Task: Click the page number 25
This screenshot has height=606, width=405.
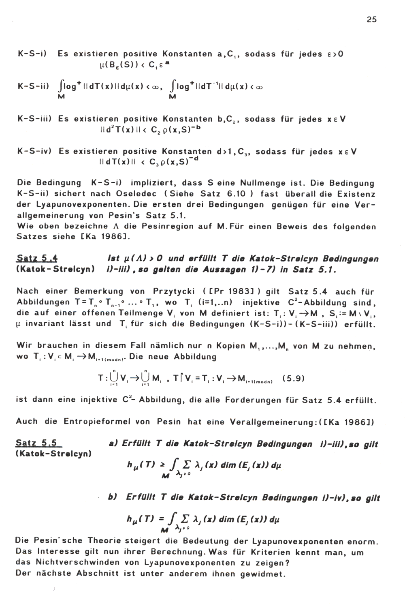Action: (371, 19)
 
